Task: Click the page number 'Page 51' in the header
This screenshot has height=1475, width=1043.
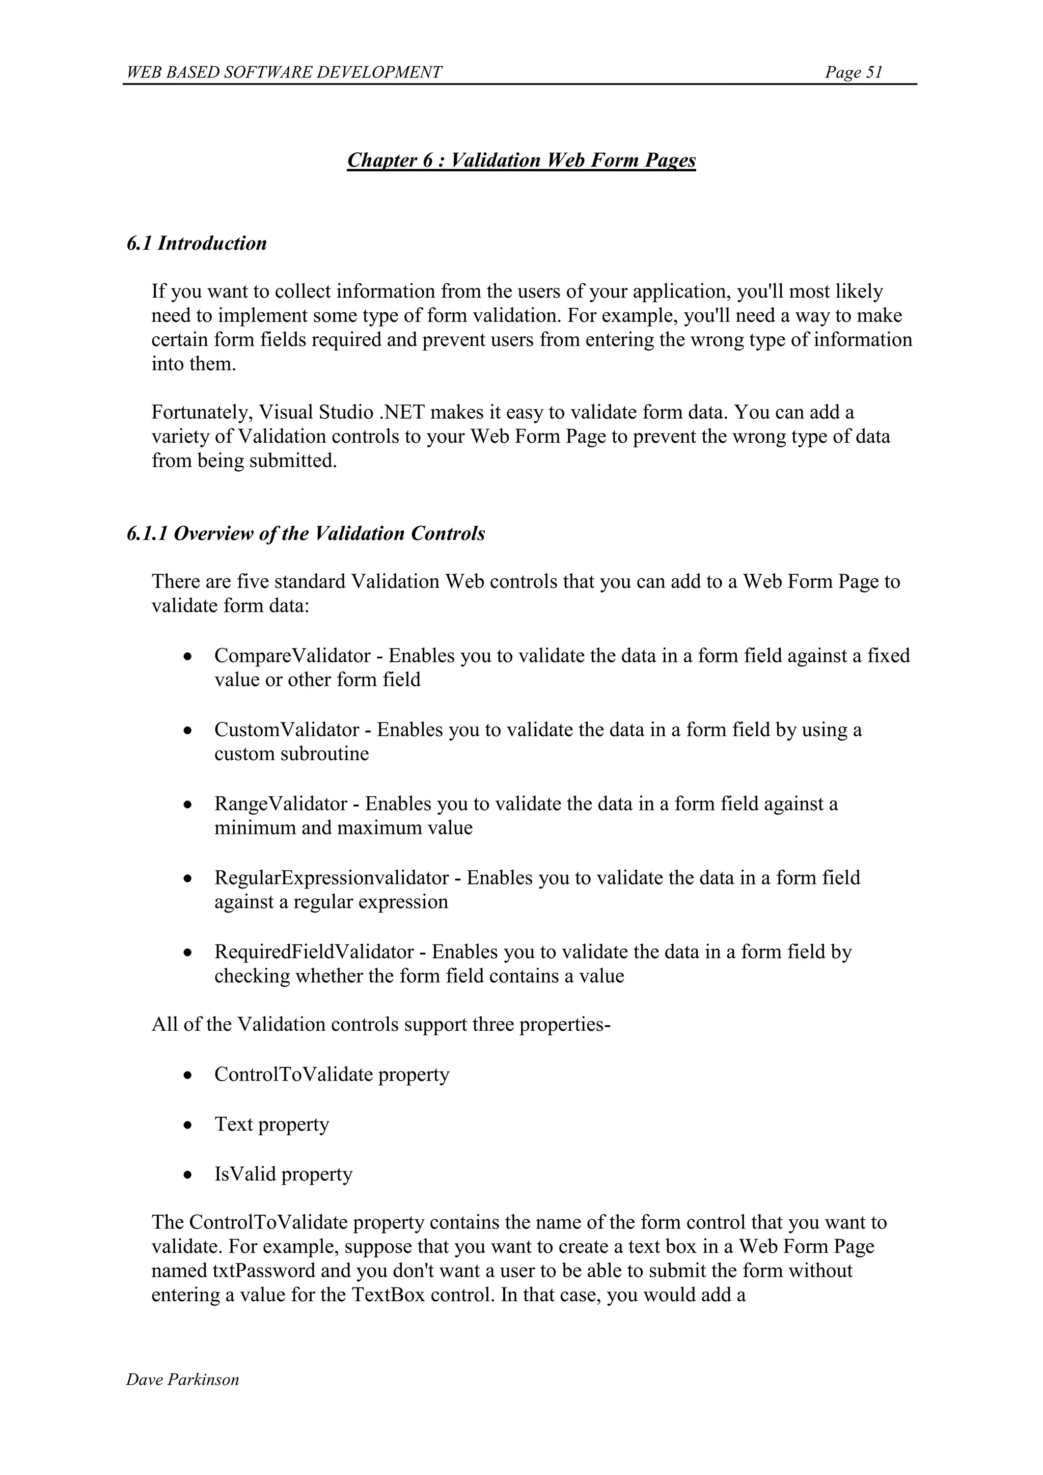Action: coord(854,72)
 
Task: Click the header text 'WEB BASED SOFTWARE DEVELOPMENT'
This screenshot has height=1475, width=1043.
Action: coord(284,72)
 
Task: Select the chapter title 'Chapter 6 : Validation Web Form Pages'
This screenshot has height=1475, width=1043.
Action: coord(521,160)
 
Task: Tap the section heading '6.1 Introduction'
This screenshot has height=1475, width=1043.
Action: coord(197,244)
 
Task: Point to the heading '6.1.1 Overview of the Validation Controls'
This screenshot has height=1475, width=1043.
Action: coord(306,534)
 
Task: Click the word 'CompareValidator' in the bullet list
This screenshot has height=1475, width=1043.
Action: coord(292,656)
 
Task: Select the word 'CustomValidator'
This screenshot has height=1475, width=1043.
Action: coord(286,730)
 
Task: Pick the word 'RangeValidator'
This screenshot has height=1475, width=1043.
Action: coord(281,803)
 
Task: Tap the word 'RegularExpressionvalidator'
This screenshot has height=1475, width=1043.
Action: coord(332,877)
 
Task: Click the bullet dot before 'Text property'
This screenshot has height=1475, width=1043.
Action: coord(187,1125)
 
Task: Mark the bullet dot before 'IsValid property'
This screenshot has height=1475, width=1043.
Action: coord(187,1175)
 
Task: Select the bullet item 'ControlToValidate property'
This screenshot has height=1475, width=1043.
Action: coord(332,1075)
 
